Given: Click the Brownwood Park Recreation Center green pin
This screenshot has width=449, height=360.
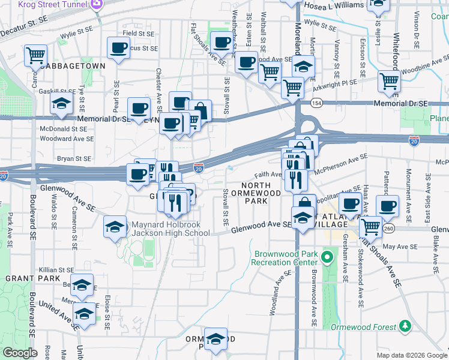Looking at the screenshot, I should click(x=327, y=259).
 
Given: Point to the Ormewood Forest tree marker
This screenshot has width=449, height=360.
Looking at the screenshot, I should click(x=406, y=326).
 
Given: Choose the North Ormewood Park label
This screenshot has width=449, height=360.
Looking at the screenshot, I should click(x=261, y=193).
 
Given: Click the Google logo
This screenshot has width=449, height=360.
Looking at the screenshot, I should click(x=20, y=352).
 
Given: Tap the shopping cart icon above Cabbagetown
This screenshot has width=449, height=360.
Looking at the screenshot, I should click(x=35, y=55).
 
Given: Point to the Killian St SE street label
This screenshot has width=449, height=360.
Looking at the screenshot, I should click(x=56, y=271).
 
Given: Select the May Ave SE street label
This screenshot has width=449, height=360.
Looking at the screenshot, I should click(x=400, y=247).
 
